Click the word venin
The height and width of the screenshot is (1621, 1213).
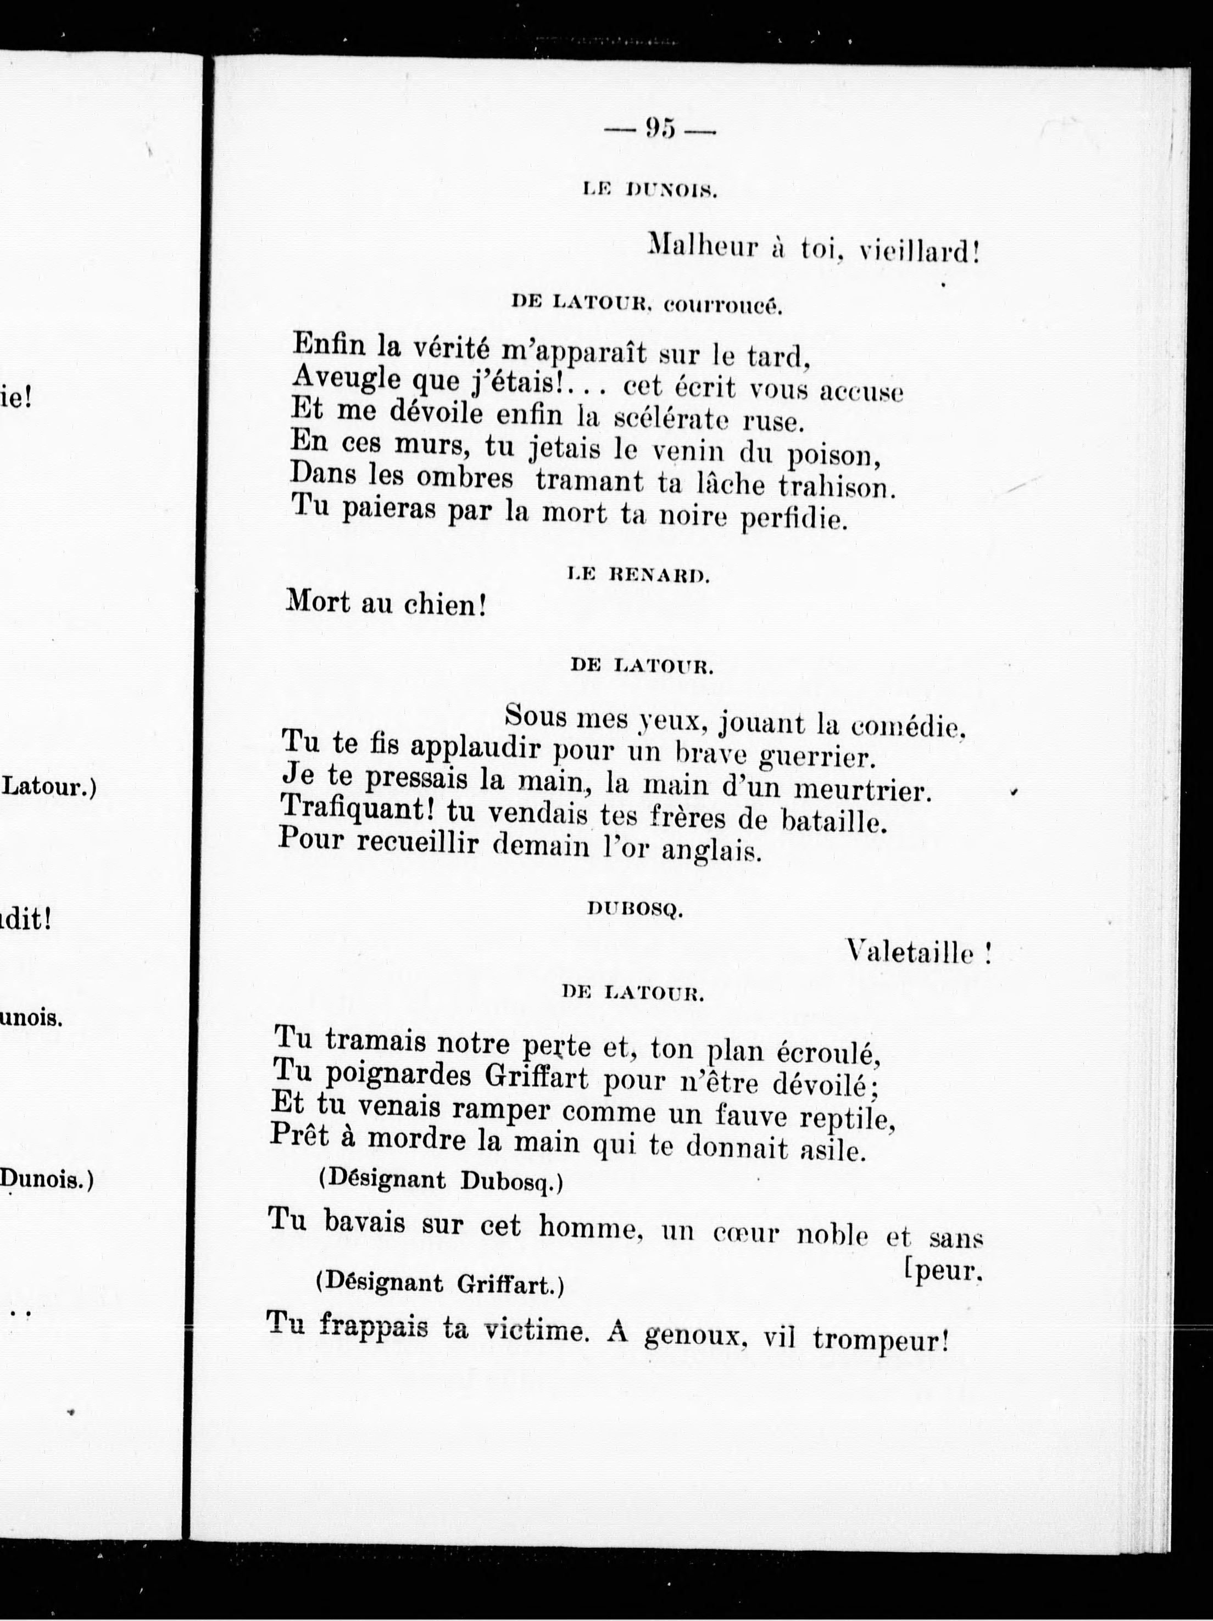point(687,452)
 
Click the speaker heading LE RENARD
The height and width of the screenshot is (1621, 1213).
point(638,576)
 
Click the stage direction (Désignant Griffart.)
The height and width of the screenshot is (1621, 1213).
point(439,1284)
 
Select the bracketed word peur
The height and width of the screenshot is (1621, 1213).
point(945,1271)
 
